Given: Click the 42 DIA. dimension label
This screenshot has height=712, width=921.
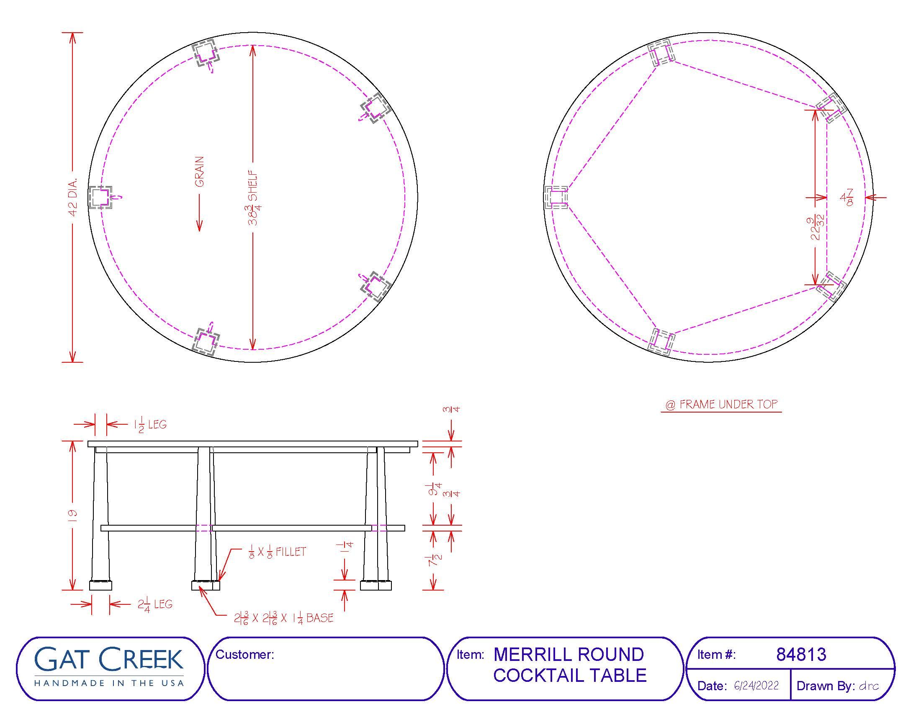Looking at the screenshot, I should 72,197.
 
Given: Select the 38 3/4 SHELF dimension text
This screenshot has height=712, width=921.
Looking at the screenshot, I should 253,197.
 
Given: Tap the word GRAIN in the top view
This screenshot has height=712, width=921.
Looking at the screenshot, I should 199,172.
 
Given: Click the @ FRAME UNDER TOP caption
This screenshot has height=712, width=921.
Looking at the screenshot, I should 721,405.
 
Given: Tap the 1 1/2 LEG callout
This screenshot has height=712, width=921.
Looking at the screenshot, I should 150,424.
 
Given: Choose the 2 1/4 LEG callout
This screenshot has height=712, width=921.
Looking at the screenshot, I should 155,605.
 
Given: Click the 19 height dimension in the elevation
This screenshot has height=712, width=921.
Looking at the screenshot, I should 72,515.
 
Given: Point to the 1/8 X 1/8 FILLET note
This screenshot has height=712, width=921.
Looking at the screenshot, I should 277,552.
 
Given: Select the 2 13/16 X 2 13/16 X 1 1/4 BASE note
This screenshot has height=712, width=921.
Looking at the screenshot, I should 283,618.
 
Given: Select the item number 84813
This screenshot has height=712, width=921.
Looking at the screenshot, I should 801,655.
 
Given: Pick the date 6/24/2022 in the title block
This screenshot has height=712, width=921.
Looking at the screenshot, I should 756,686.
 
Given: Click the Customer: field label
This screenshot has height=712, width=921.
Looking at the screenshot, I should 244,655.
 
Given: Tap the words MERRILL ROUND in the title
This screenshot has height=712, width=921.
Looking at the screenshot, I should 569,655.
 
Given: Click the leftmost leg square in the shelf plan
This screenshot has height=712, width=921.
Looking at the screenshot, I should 100,197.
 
